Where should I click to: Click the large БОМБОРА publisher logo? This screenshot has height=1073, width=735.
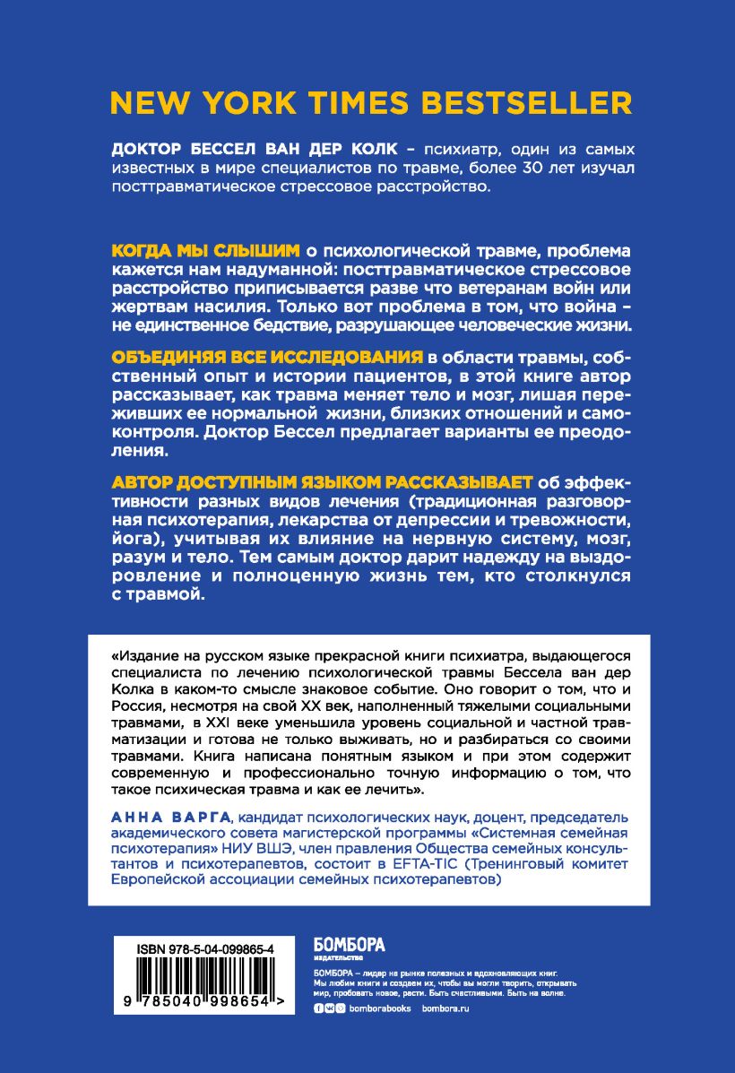tap(348, 944)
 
